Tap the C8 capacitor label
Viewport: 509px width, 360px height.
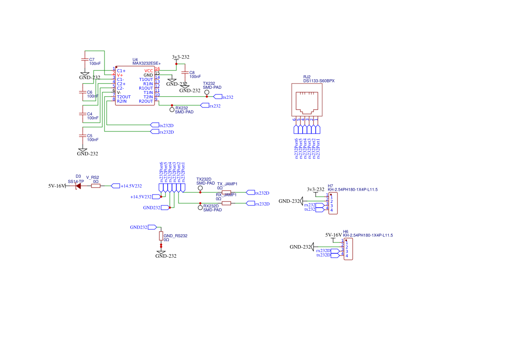[192, 72]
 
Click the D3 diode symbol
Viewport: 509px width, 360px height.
[78, 186]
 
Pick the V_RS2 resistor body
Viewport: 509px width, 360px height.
[96, 186]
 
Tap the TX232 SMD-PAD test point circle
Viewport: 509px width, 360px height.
[207, 92]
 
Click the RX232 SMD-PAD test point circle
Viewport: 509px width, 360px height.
[172, 110]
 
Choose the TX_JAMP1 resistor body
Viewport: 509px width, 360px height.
[226, 192]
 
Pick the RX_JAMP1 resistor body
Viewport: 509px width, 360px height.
[226, 203]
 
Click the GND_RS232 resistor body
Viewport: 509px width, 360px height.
[161, 236]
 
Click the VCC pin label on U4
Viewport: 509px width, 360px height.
[148, 71]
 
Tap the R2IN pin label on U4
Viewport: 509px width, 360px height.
[121, 101]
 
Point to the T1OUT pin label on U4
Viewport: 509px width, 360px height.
[146, 79]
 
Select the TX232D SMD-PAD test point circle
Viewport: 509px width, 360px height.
[200, 188]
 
